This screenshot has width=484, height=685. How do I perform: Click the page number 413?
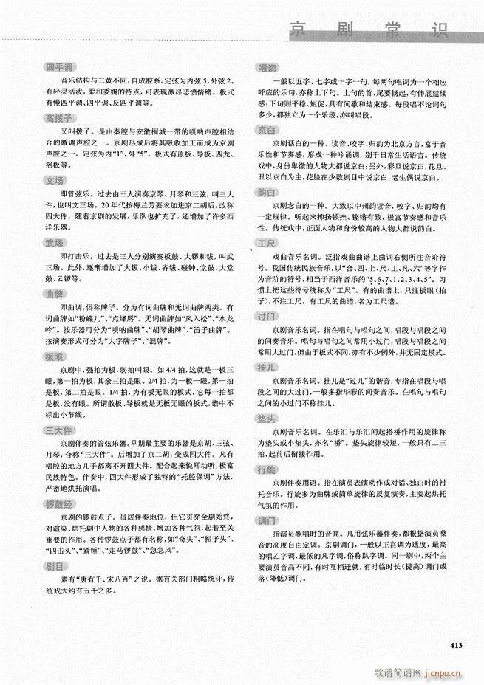coord(455,646)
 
